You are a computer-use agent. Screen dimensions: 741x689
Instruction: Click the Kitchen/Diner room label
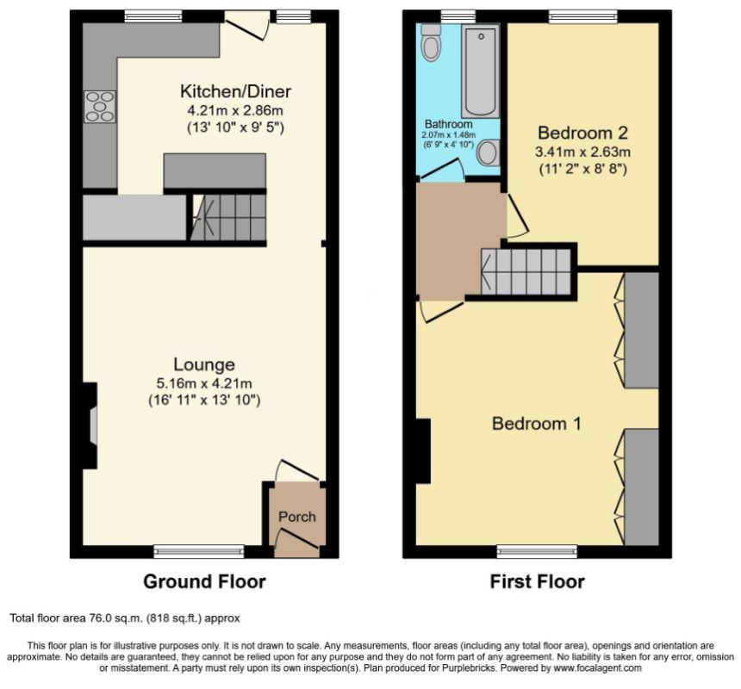coord(235,91)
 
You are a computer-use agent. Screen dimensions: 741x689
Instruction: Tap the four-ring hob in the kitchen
coord(100,107)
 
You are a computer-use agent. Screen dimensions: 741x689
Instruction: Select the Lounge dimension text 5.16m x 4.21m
coord(203,383)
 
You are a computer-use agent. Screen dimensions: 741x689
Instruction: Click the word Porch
coord(296,517)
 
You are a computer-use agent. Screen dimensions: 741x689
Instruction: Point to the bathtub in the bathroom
coord(481,71)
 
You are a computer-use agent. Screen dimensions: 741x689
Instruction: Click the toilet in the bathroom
coord(431,42)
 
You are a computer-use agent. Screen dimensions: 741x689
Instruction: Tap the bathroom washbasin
coord(489,152)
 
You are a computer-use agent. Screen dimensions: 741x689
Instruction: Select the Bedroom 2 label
coord(582,133)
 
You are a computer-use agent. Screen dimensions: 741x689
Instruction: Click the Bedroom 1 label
coord(537,423)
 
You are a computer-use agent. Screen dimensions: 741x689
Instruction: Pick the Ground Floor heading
coord(204,581)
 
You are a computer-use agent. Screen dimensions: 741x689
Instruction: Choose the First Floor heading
coord(538,581)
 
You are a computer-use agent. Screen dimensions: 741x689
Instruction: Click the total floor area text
coord(125,618)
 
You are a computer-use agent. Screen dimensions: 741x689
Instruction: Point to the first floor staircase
coord(526,271)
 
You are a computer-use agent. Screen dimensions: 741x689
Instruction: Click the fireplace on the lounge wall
coord(90,425)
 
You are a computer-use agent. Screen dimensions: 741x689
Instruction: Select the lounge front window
coord(199,551)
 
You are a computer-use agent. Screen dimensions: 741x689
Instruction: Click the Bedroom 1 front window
coord(537,551)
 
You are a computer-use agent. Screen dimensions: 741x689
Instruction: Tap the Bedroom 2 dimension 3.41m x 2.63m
coord(582,152)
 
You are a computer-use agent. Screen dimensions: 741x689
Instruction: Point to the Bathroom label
coord(448,124)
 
